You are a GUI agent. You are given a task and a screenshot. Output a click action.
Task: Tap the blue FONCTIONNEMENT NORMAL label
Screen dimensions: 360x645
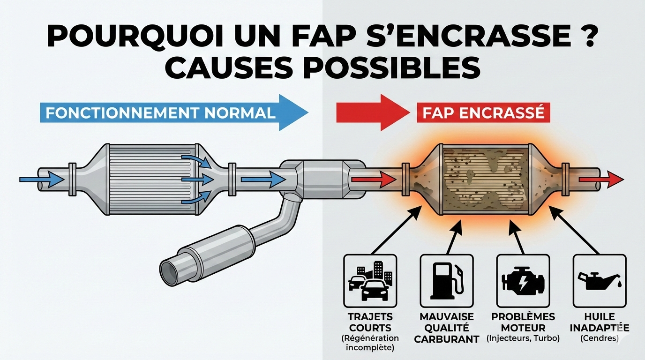[x=160, y=113]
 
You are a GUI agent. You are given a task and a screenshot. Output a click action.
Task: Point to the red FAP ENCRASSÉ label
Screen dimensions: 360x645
[x=483, y=113]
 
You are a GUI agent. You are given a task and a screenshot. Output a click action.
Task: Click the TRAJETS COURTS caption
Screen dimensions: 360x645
[x=370, y=322]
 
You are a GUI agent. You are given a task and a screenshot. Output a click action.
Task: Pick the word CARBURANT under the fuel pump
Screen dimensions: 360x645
[x=446, y=339]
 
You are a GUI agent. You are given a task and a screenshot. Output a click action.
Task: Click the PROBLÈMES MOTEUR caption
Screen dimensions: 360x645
[x=523, y=322]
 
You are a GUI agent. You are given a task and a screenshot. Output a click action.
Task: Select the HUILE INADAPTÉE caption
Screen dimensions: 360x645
[x=599, y=322]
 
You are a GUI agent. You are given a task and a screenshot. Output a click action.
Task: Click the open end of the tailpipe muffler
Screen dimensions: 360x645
[x=169, y=271]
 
